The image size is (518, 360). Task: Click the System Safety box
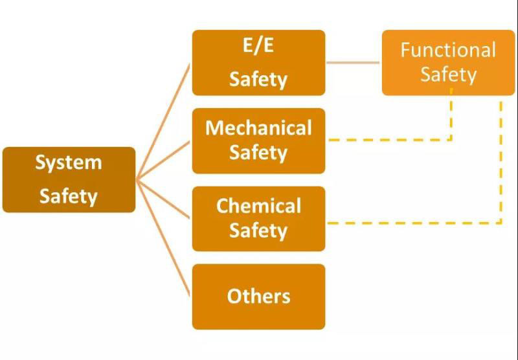click(x=69, y=179)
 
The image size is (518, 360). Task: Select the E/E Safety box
click(x=258, y=63)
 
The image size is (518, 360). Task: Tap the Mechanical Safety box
click(x=258, y=141)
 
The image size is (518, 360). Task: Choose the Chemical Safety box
click(x=258, y=218)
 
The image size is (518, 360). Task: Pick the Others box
click(x=258, y=296)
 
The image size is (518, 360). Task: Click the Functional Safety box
click(x=448, y=63)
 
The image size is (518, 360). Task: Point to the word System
click(x=69, y=162)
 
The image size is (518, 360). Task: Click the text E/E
click(x=258, y=47)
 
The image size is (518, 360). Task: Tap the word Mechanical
click(x=258, y=128)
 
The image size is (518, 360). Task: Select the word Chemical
click(x=258, y=206)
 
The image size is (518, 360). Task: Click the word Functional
click(x=448, y=50)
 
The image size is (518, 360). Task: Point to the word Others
click(x=258, y=296)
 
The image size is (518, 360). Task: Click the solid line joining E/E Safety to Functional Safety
click(x=353, y=63)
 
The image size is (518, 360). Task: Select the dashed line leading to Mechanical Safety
click(x=388, y=139)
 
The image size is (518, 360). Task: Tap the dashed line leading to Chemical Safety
click(x=414, y=223)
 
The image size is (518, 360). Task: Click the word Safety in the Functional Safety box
click(x=448, y=74)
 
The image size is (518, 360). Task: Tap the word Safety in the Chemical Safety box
click(x=258, y=231)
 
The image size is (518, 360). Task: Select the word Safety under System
click(x=69, y=196)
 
